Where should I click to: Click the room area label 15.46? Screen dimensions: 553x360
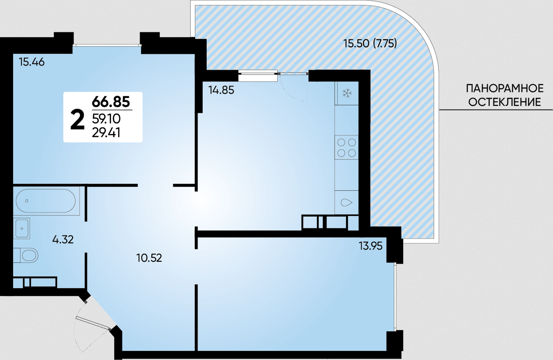pyautogui.click(x=32, y=62)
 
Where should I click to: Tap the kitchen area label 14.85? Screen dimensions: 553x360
pyautogui.click(x=221, y=90)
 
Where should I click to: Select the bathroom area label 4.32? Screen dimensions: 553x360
pyautogui.click(x=63, y=240)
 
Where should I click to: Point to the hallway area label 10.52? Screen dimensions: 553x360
pyautogui.click(x=149, y=258)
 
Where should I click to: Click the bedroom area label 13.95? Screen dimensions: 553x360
pyautogui.click(x=371, y=246)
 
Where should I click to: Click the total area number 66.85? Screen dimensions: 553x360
pyautogui.click(x=111, y=101)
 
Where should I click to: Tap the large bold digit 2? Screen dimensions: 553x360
pyautogui.click(x=77, y=120)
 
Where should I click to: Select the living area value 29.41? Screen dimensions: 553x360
pyautogui.click(x=106, y=133)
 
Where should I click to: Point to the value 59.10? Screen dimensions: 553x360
pyautogui.click(x=106, y=119)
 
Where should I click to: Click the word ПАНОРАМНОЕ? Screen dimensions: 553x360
pyautogui.click(x=505, y=88)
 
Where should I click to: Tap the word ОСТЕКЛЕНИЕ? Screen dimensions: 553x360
pyautogui.click(x=505, y=102)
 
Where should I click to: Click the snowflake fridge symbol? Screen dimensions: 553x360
pyautogui.click(x=347, y=93)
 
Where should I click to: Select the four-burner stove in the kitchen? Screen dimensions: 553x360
pyautogui.click(x=347, y=147)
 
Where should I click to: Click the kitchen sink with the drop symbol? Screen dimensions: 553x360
pyautogui.click(x=347, y=202)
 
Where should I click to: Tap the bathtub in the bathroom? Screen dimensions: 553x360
pyautogui.click(x=46, y=201)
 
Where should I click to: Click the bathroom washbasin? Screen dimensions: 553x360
pyautogui.click(x=21, y=228)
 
